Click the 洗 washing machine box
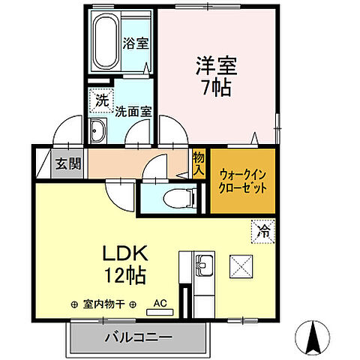click(99, 98)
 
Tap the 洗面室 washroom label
click(133, 111)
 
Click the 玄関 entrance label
click(65, 163)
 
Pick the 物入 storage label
click(198, 163)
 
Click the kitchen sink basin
click(205, 265)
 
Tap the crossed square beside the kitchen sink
click(241, 265)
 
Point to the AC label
click(160, 304)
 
